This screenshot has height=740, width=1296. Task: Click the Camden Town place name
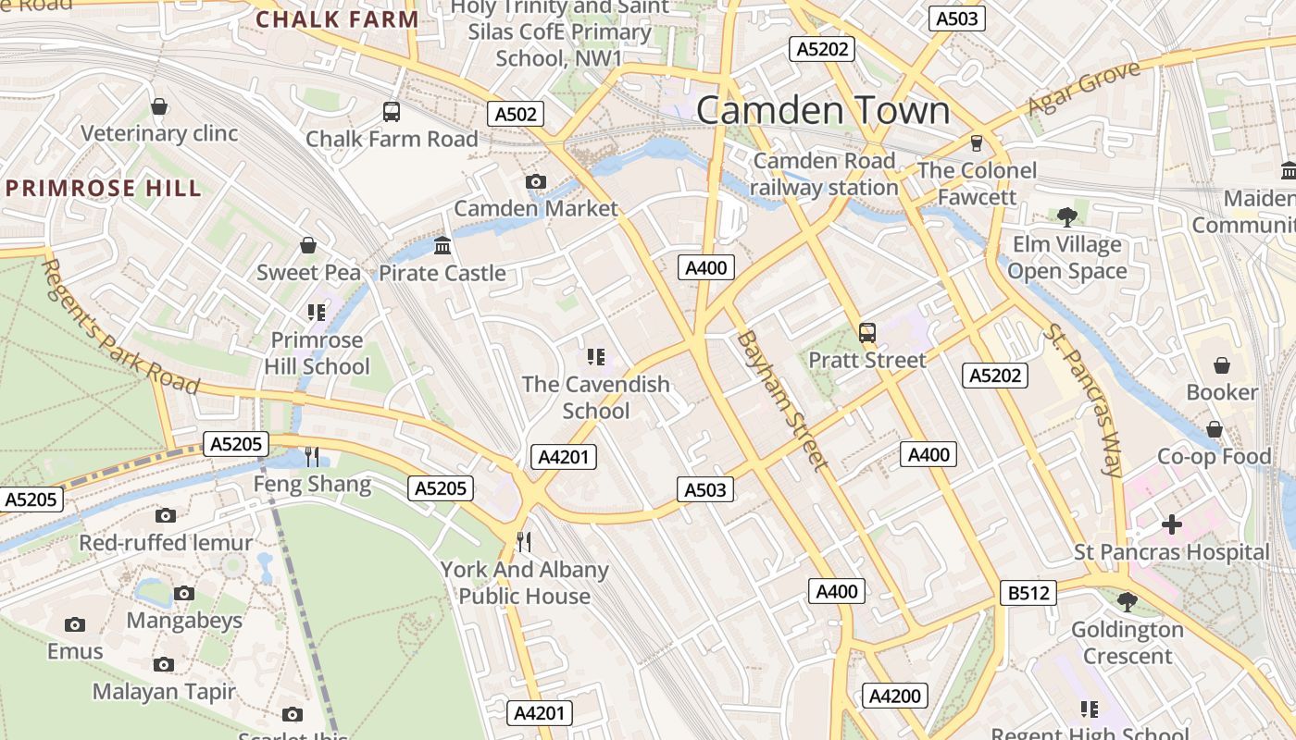pyautogui.click(x=822, y=110)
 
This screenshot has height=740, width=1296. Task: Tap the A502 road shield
pyautogui.click(x=516, y=114)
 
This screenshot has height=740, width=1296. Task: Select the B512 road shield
pyautogui.click(x=1028, y=592)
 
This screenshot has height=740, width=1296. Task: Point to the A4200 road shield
pyautogui.click(x=895, y=696)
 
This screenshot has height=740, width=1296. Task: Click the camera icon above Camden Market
pyautogui.click(x=535, y=181)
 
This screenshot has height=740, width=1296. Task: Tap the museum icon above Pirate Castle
pyautogui.click(x=442, y=246)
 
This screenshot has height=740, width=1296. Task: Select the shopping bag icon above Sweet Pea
pyautogui.click(x=308, y=245)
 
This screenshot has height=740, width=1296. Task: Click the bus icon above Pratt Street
pyautogui.click(x=867, y=333)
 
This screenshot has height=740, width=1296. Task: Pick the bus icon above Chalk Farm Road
pyautogui.click(x=392, y=112)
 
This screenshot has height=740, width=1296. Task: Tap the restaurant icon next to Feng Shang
pyautogui.click(x=312, y=457)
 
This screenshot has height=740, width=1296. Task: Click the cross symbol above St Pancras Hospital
pyautogui.click(x=1172, y=524)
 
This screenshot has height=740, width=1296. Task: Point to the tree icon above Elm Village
pyautogui.click(x=1067, y=217)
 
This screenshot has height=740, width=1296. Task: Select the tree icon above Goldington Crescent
pyautogui.click(x=1127, y=602)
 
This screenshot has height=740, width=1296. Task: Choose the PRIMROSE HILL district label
pyautogui.click(x=103, y=189)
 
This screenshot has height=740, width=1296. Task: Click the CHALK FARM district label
pyautogui.click(x=337, y=19)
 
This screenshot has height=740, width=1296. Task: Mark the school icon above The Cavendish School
pyautogui.click(x=596, y=357)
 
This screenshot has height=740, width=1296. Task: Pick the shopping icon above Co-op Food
pyautogui.click(x=1215, y=429)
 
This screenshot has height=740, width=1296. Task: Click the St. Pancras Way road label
pyautogui.click(x=1083, y=400)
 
